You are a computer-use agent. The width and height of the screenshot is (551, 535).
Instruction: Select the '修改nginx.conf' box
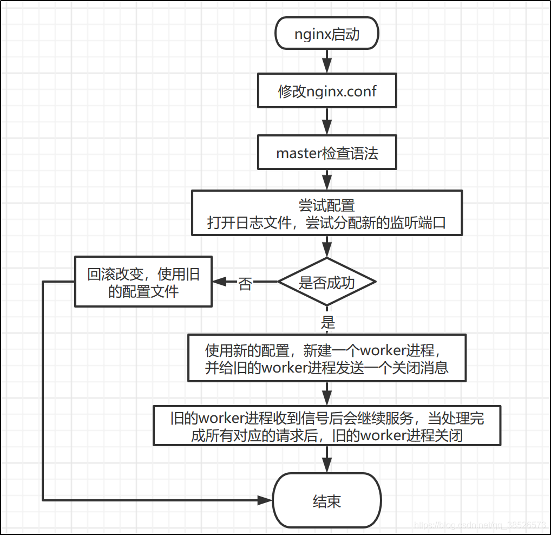326,91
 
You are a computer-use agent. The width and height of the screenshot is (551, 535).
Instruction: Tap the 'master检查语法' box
326,153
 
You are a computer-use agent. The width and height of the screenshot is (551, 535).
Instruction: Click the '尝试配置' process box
326,213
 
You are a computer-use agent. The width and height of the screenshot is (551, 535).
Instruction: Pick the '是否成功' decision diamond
326,282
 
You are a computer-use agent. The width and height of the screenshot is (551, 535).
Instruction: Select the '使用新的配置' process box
326,358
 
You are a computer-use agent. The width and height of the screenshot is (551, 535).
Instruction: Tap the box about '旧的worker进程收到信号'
326,426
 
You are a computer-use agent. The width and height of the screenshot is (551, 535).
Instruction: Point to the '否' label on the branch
245,283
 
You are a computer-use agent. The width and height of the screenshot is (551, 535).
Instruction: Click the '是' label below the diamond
327,323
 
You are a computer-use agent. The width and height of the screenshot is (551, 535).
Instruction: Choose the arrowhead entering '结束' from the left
265,500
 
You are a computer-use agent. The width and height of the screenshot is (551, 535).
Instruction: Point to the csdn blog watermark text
479,525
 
